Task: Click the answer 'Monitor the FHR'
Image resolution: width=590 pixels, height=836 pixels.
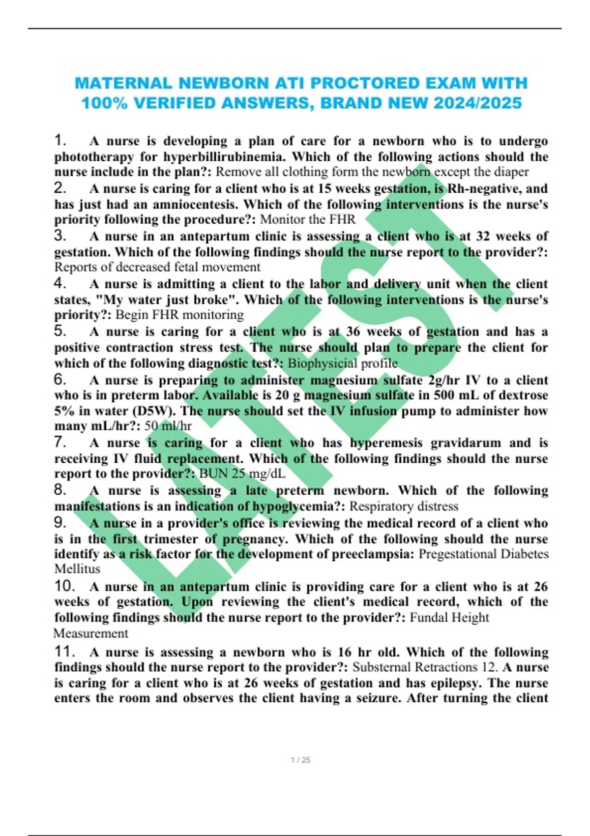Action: tap(307, 219)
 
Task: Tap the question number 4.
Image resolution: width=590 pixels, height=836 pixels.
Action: tap(60, 283)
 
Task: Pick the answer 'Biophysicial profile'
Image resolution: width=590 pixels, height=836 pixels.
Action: tap(342, 363)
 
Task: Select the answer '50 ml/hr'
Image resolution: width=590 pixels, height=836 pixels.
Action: tap(168, 426)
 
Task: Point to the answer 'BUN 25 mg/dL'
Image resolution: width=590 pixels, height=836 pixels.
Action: tap(242, 474)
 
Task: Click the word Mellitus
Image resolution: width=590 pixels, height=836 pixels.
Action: tap(77, 569)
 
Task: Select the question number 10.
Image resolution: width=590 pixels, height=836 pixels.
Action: tap(64, 586)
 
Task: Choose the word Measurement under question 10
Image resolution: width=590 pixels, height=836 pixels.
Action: tap(91, 633)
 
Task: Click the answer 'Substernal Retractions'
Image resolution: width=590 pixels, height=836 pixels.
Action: tap(415, 667)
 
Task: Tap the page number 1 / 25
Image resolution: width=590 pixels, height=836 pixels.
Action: tap(300, 760)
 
